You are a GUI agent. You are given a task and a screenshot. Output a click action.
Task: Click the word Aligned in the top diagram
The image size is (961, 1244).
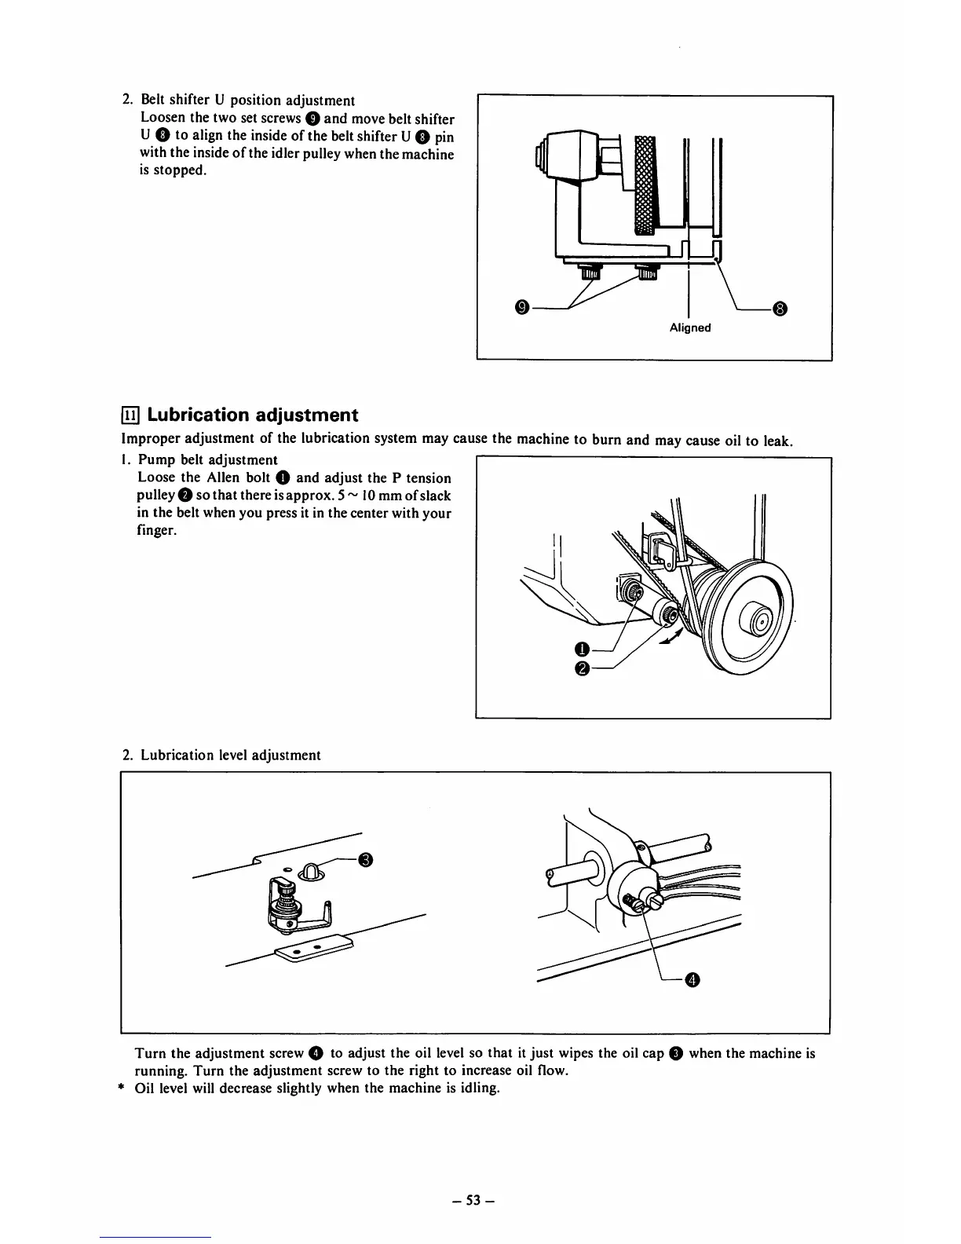pyautogui.click(x=690, y=327)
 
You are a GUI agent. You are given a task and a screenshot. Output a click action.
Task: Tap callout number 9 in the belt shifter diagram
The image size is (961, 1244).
pyautogui.click(x=521, y=307)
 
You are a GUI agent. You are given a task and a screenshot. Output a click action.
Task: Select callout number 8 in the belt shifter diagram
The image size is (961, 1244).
pyautogui.click(x=779, y=307)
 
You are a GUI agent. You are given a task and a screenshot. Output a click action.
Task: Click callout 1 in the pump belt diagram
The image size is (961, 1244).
pyautogui.click(x=581, y=649)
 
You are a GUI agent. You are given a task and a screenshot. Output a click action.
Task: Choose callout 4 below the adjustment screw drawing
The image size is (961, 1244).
pyautogui.click(x=692, y=979)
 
